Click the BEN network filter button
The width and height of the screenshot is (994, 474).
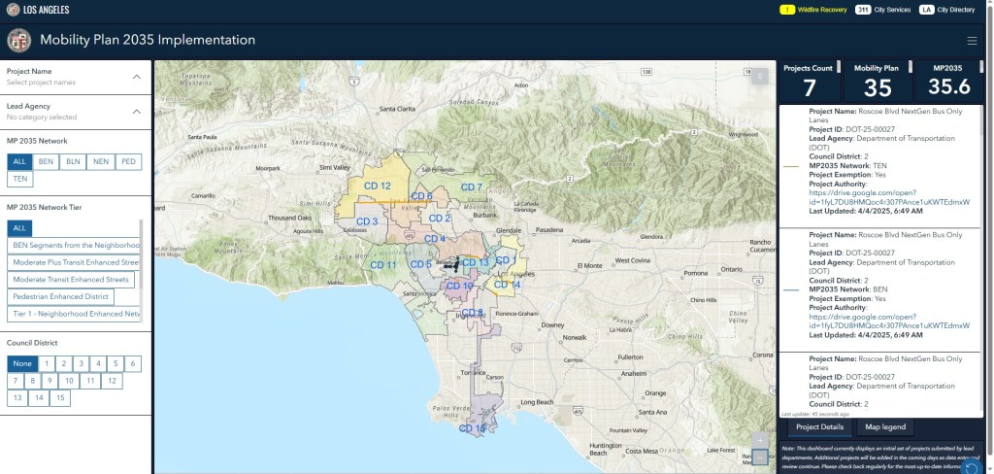pyautogui.click(x=47, y=161)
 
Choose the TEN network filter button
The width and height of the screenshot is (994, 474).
pyautogui.click(x=20, y=179)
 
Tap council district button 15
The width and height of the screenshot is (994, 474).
pyautogui.click(x=61, y=397)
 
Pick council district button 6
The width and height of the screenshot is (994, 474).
pyautogui.click(x=132, y=363)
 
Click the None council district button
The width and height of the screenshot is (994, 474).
pyautogui.click(x=20, y=363)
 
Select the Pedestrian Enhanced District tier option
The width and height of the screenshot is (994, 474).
pyautogui.click(x=61, y=296)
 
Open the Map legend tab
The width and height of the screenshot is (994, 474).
pyautogui.click(x=885, y=427)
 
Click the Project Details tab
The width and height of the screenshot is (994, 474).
pyautogui.click(x=818, y=427)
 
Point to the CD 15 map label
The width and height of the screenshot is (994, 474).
pyautogui.click(x=473, y=428)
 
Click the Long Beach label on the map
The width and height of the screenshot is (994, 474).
pyautogui.click(x=536, y=401)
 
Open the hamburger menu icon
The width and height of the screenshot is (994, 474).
pyautogui.click(x=972, y=41)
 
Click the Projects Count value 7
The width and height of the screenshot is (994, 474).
pyautogui.click(x=809, y=87)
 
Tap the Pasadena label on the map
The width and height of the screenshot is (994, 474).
pyautogui.click(x=548, y=230)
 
